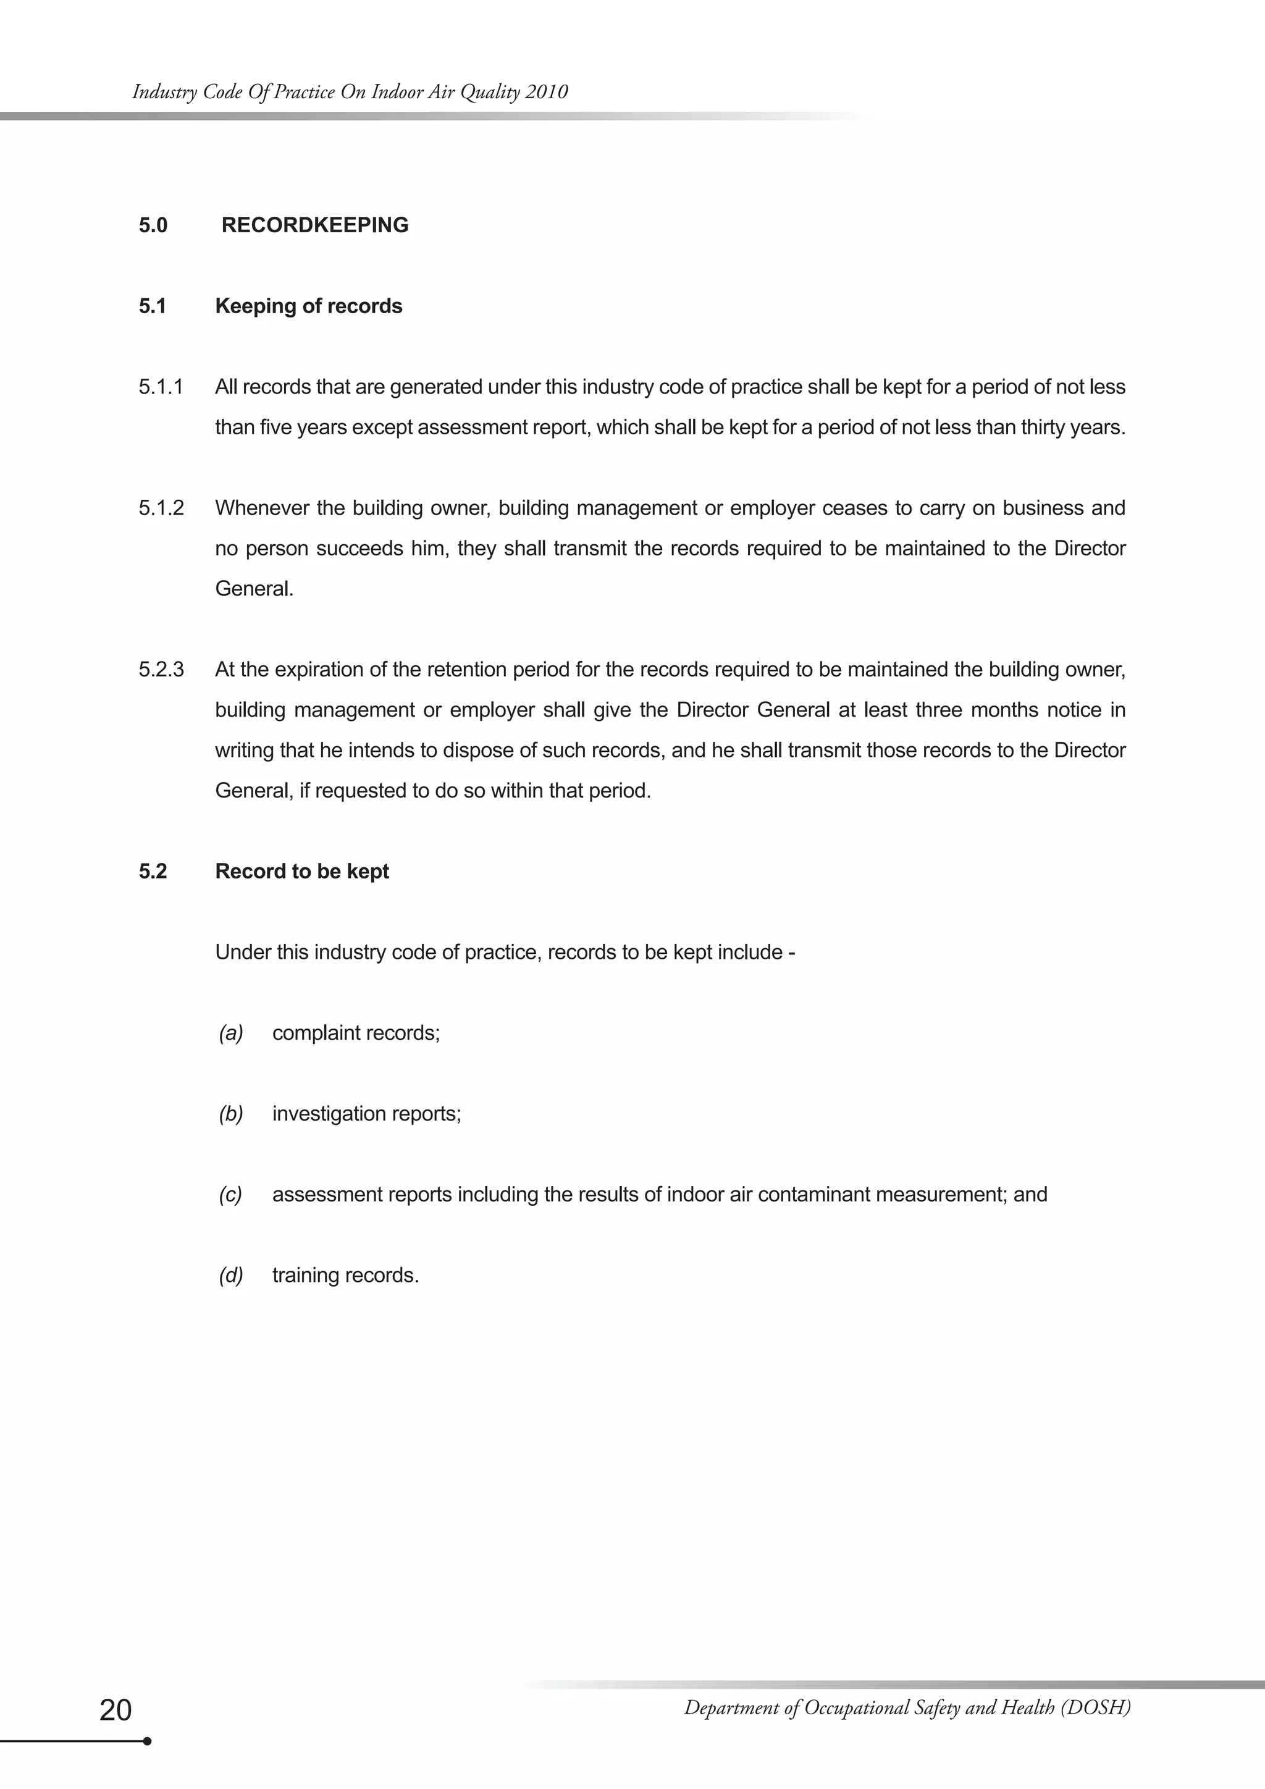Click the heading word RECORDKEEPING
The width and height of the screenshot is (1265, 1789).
(314, 225)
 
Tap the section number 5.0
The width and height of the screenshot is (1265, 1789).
(153, 225)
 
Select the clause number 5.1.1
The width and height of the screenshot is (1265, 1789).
(161, 387)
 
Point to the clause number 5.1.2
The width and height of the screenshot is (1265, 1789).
(161, 508)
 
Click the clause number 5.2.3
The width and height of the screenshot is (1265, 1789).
(161, 670)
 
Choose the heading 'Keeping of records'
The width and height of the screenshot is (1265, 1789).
(308, 306)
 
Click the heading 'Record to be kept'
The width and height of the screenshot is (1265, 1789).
(301, 871)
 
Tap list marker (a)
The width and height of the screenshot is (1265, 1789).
(230, 1033)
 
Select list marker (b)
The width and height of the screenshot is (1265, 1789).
(230, 1114)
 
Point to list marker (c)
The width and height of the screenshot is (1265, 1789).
(230, 1195)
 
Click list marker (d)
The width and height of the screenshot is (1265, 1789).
(230, 1276)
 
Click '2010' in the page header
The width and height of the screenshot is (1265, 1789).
(546, 92)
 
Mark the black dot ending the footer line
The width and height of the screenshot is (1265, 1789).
(147, 1741)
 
